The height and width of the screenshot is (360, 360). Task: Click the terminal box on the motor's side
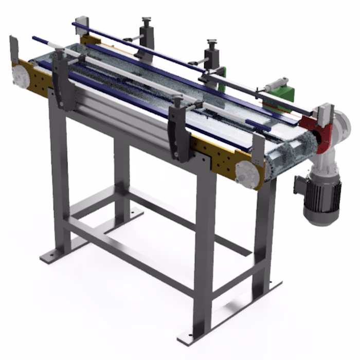(299, 185)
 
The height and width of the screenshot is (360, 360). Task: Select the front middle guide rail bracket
(177, 131)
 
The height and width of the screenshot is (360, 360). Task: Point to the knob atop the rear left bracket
(146, 21)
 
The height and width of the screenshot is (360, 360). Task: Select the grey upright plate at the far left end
(13, 49)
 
